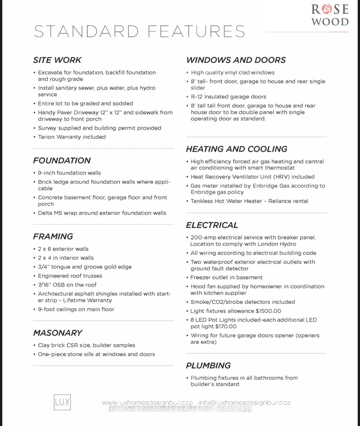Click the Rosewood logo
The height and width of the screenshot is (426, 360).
(x=330, y=15)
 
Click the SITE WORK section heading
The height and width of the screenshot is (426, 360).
(x=57, y=60)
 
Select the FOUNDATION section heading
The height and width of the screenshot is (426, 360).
(x=62, y=160)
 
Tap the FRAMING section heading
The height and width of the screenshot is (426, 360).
(x=53, y=236)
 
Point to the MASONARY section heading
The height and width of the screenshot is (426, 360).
(x=57, y=333)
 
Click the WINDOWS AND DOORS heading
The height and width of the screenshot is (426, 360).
(x=236, y=60)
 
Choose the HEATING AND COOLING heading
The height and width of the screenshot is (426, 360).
(x=237, y=149)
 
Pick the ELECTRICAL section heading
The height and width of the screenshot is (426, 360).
(x=212, y=225)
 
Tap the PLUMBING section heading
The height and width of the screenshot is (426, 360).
(x=208, y=366)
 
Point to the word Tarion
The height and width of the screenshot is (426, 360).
(x=47, y=137)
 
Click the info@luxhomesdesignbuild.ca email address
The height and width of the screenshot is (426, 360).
(x=244, y=403)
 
